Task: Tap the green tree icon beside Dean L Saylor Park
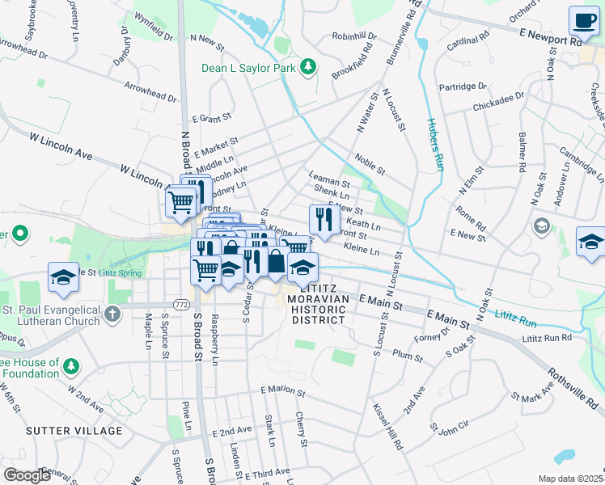[307, 66]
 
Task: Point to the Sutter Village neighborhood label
[74, 431]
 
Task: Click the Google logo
[27, 475]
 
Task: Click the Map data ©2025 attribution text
[569, 479]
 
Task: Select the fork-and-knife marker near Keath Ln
[324, 219]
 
